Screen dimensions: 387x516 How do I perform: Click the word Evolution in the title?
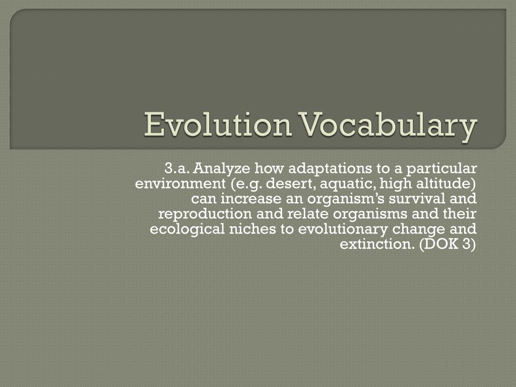pyautogui.click(x=218, y=126)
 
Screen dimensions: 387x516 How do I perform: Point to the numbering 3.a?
pyautogui.click(x=177, y=167)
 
